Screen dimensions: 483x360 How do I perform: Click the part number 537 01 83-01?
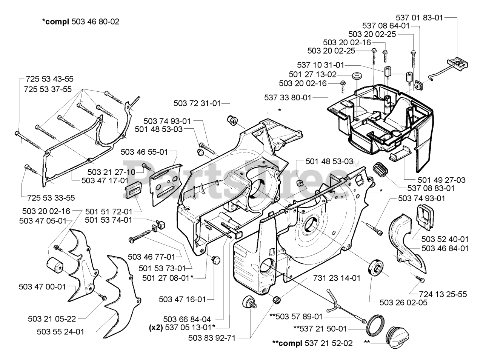[419, 18]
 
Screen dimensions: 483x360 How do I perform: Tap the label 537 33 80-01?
[288, 97]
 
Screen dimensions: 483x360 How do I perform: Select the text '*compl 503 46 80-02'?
[81, 22]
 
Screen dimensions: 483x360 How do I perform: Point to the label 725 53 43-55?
[50, 79]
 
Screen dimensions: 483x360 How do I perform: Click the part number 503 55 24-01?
[60, 332]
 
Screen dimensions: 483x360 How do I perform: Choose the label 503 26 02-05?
[403, 302]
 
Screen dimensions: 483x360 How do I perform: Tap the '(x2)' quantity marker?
[156, 328]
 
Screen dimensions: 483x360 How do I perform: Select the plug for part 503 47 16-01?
[215, 260]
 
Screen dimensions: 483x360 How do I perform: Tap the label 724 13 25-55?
[443, 294]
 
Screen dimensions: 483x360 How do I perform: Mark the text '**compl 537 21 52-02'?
[312, 343]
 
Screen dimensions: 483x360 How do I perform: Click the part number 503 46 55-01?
[144, 152]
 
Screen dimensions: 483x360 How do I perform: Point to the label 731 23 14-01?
[337, 278]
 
